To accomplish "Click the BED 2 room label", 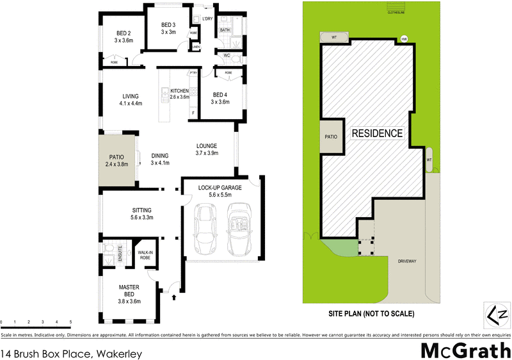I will tap(123, 33).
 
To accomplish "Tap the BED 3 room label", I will tap(168, 24).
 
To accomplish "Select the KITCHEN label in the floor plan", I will tap(180, 91).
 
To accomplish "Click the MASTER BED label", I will tap(129, 290).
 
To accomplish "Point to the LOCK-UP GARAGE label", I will tap(220, 188).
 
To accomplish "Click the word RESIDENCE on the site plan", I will tap(376, 133).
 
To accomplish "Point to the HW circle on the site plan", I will tap(404, 39).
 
